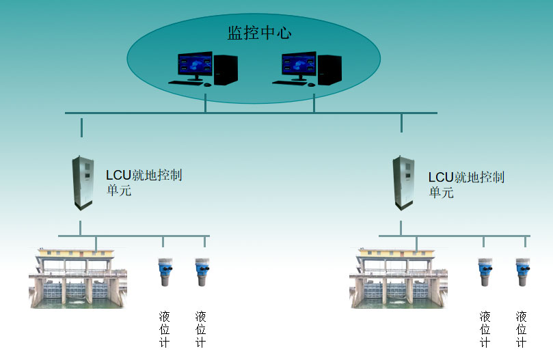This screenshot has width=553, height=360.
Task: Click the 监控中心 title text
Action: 259,33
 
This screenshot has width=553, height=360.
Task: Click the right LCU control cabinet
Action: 403,182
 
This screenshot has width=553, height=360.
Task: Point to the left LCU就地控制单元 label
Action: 144,183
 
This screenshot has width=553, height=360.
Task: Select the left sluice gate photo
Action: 78,279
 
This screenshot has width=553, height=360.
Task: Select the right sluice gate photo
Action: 399,279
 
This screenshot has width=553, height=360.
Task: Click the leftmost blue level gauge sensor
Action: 164,271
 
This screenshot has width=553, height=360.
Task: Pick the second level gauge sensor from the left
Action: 202,271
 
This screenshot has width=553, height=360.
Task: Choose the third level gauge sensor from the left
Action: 485,271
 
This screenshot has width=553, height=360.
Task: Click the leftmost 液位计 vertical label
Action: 164,329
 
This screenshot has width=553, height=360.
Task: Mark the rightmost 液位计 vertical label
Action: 522,329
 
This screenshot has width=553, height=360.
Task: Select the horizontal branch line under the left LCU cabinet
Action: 133,236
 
